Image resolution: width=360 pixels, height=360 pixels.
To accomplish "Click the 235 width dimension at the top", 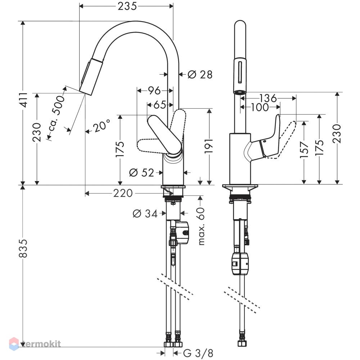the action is click(x=127, y=6).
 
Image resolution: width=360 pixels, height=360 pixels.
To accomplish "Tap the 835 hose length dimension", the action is click(x=23, y=248).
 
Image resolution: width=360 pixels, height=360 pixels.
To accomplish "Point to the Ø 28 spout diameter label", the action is click(x=200, y=75).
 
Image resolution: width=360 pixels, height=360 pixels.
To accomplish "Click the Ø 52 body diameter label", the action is click(x=141, y=173).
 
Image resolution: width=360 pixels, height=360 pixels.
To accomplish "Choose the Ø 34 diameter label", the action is click(x=145, y=214).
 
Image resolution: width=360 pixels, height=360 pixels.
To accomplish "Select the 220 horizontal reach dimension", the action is click(x=123, y=193).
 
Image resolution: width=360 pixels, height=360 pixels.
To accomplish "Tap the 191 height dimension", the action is click(x=210, y=145).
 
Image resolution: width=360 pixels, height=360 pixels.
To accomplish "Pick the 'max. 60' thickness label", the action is click(x=201, y=226).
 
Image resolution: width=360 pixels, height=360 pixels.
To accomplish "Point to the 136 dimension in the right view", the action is click(x=268, y=98).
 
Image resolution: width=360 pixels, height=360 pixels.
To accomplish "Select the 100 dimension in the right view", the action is click(x=260, y=107).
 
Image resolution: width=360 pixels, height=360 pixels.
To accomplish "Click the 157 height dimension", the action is click(x=304, y=150).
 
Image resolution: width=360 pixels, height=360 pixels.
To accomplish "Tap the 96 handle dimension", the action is click(x=154, y=91).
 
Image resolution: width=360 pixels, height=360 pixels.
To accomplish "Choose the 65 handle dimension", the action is click(x=160, y=105).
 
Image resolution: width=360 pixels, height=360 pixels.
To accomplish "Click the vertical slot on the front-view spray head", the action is click(x=240, y=72).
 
